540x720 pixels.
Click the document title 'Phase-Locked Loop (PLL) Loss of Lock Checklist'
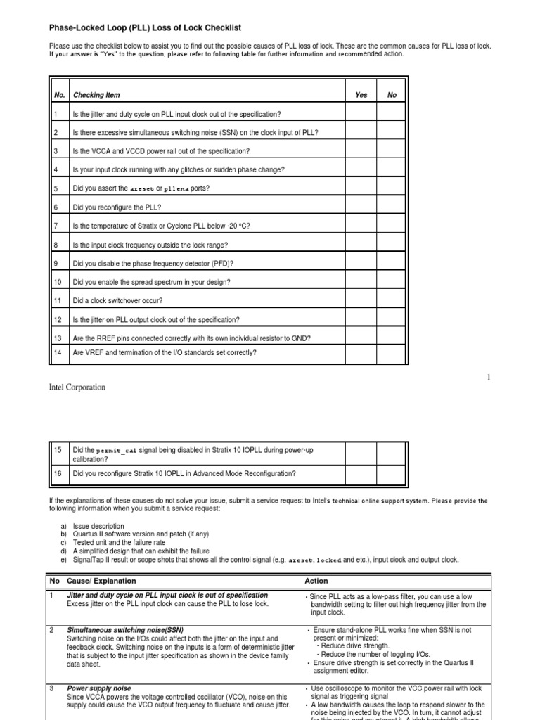coord(145,27)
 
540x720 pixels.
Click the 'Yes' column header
coord(361,95)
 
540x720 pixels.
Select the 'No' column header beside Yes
coord(392,95)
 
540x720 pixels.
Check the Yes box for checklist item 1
coord(361,114)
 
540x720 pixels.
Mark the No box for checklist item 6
coord(392,207)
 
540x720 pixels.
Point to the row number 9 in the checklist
coord(56,264)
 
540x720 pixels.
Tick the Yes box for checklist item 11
coord(361,301)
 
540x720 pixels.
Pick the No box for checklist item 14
coord(392,353)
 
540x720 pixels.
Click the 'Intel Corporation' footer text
coord(77,387)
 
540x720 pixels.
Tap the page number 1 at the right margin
coord(488,378)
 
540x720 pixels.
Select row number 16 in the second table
coord(58,474)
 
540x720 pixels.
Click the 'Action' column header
coord(316,581)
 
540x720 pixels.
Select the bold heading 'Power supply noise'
coord(100,688)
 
